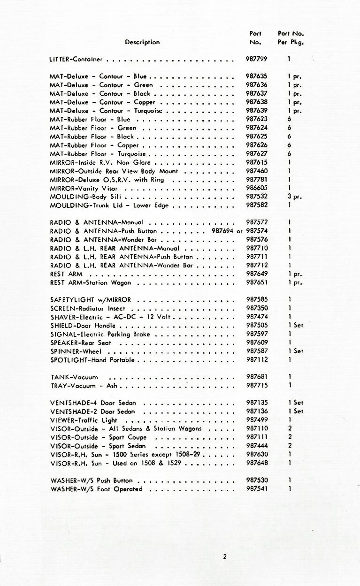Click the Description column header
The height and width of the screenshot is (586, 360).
point(142,42)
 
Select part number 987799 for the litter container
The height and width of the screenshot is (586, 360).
point(256,60)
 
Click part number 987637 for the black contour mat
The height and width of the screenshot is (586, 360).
point(256,93)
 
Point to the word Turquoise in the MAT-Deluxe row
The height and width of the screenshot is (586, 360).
point(148,111)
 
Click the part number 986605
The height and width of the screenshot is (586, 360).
point(256,188)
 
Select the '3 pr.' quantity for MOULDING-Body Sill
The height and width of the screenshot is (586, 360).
point(294,197)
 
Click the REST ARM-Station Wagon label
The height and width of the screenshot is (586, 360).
point(91,282)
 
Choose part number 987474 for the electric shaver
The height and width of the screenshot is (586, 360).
point(256,317)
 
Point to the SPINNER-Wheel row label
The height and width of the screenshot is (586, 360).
point(76,351)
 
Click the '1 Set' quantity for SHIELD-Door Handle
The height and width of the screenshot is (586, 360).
point(296,325)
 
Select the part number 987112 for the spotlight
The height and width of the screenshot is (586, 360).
point(256,360)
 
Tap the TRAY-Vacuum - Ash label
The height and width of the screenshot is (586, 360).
point(84,386)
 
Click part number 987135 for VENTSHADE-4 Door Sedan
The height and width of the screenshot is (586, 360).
point(256,403)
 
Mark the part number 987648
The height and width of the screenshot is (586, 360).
point(256,463)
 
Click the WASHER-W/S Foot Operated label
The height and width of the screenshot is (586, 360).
point(96,489)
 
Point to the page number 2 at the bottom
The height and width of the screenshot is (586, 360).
point(225,557)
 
